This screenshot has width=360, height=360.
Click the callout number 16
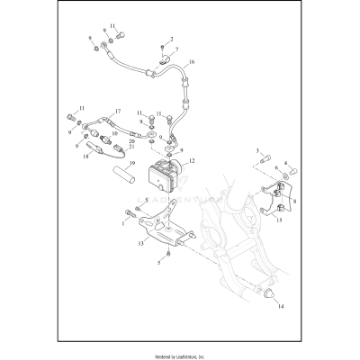click(x=190, y=62)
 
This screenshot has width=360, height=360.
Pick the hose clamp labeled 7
click(x=166, y=59)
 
